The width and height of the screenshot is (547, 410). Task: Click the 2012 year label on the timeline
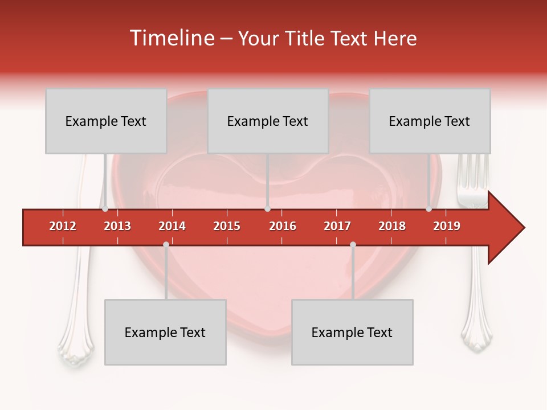[63, 226]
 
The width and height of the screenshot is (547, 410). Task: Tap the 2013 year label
[117, 226]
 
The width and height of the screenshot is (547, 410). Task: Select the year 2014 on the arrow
[172, 226]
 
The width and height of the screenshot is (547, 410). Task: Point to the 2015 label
[227, 226]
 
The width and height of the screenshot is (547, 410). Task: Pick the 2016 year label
[283, 226]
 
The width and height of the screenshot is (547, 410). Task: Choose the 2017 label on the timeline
[337, 226]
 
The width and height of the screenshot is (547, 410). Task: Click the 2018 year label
[392, 226]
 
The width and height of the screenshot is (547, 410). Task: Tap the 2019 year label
[447, 226]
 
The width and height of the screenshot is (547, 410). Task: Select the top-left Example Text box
[106, 121]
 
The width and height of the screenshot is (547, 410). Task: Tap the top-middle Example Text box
[268, 121]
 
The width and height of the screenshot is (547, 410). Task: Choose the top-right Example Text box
[430, 121]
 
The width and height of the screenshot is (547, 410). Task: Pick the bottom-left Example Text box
[165, 333]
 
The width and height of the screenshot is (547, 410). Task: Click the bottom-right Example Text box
[352, 333]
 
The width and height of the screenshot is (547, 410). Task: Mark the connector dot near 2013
[105, 209]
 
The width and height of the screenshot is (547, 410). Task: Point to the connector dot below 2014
[166, 245]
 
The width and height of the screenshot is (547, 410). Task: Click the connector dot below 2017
[353, 245]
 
